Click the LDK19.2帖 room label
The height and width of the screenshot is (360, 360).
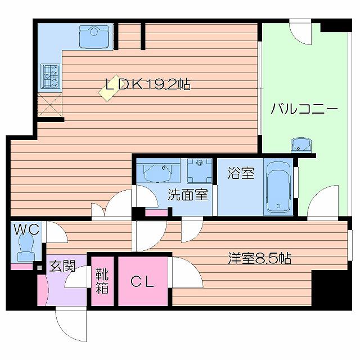click(x=148, y=84)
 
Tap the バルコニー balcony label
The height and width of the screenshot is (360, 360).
click(x=304, y=109)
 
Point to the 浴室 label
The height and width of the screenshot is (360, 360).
click(x=241, y=173)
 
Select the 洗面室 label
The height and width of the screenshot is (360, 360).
click(x=188, y=194)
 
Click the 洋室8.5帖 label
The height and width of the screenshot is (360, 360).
click(x=260, y=258)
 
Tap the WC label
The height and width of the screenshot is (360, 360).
click(x=26, y=229)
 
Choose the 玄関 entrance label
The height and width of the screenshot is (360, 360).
click(x=62, y=266)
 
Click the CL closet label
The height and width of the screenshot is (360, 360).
click(x=142, y=282)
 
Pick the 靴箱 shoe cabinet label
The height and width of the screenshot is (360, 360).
click(x=102, y=281)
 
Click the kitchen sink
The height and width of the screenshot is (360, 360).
click(x=94, y=37)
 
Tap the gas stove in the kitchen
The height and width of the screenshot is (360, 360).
click(x=50, y=76)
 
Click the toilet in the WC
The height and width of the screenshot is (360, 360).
click(x=26, y=247)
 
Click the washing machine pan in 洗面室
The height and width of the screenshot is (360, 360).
click(x=200, y=171)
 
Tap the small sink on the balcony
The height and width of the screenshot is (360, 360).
click(x=301, y=145)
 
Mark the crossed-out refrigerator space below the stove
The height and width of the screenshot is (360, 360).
click(x=50, y=105)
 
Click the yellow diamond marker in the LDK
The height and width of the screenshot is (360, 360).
click(x=109, y=88)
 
